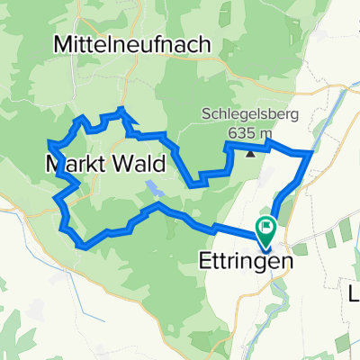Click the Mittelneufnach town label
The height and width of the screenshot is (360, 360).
tap(132, 42)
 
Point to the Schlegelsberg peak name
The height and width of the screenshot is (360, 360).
tap(249, 114)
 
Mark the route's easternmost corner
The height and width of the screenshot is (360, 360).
tap(311, 153)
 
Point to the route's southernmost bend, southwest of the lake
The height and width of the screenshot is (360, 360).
tap(84, 245)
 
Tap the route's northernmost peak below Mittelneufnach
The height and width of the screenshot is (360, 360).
tap(123, 109)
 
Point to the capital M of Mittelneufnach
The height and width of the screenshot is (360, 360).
tap(64, 42)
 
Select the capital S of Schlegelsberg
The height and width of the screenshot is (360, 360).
tap(206, 114)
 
